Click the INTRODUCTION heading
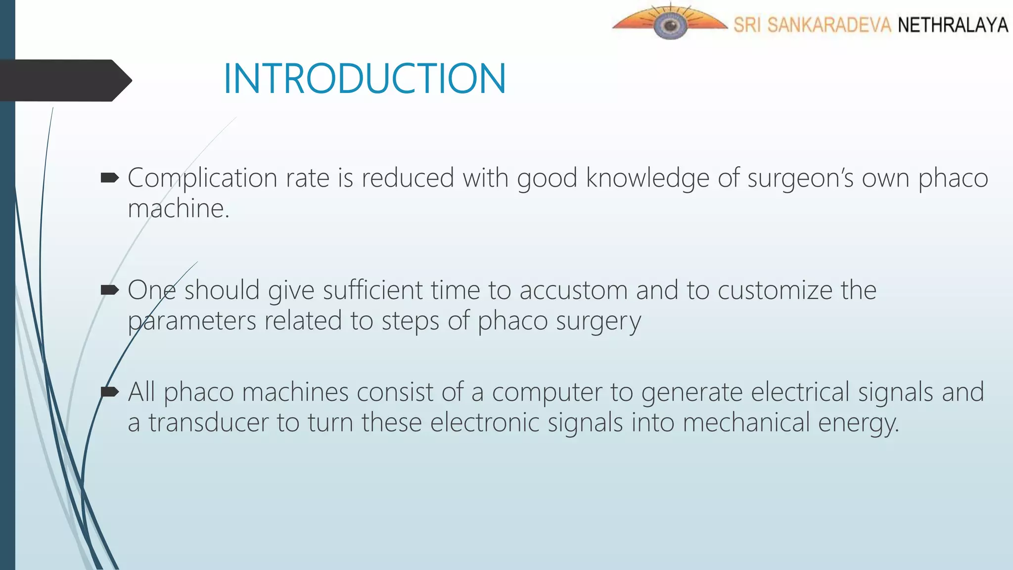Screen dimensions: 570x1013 pos(365,79)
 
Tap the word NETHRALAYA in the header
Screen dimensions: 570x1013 pos(952,25)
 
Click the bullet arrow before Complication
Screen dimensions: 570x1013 pos(109,177)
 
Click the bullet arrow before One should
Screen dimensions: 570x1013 pos(109,289)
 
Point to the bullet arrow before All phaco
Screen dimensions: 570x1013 pos(109,392)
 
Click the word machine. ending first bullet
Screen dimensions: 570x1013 pos(179,209)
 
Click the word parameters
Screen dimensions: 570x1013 pos(192,321)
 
